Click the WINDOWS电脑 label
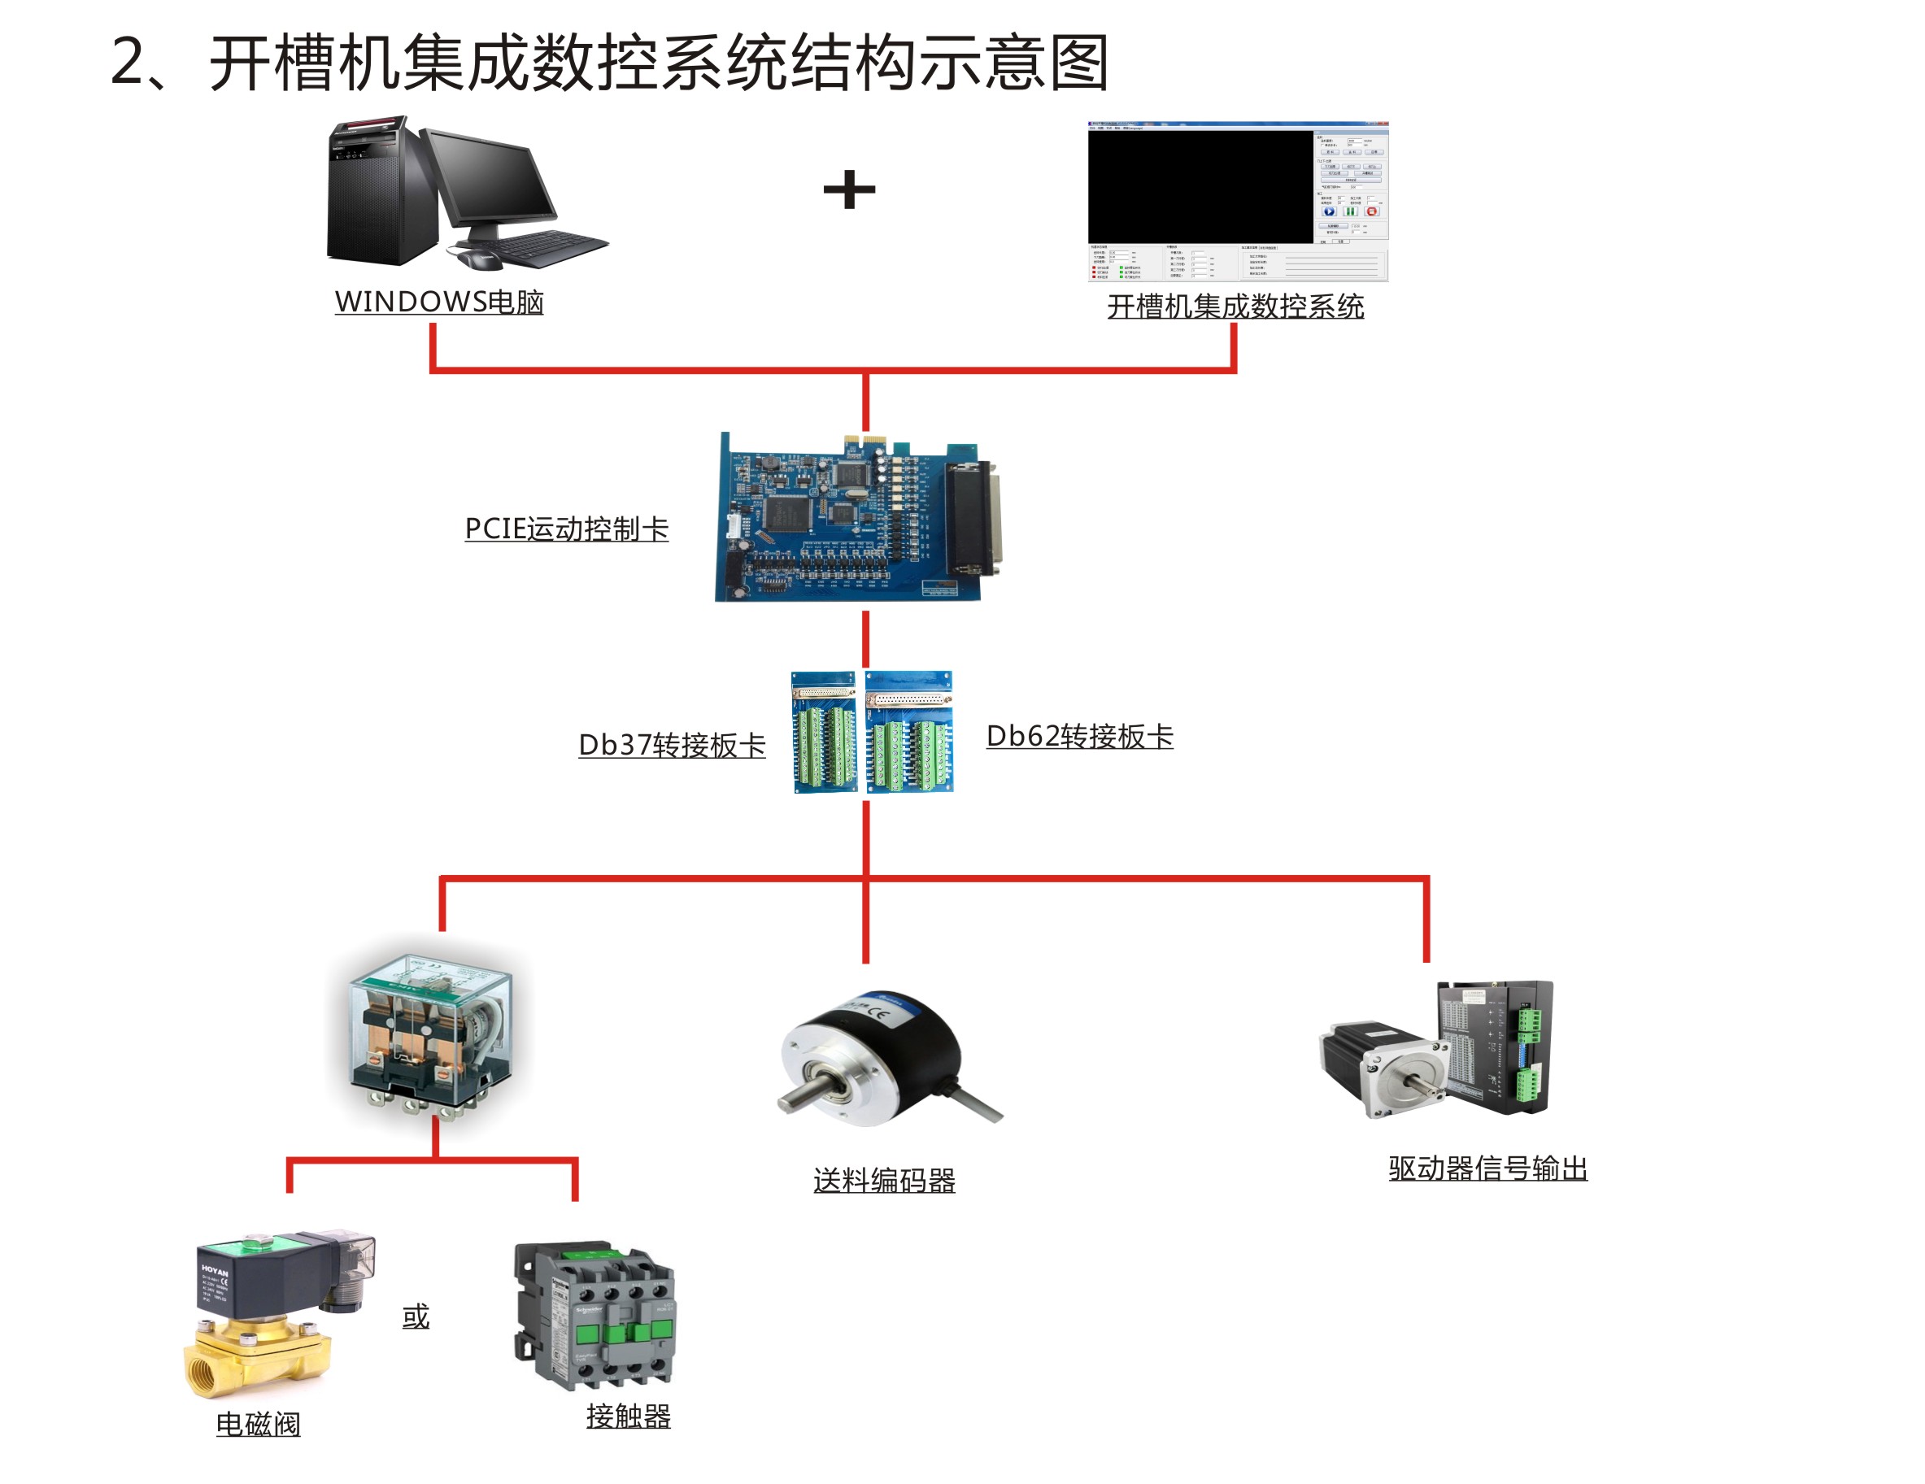click(439, 302)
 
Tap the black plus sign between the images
click(849, 189)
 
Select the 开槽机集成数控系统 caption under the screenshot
click(1235, 307)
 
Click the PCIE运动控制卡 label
click(566, 529)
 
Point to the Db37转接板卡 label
click(672, 746)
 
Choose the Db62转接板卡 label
click(1079, 737)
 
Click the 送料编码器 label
click(884, 1181)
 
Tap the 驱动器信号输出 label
click(1487, 1168)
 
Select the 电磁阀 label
click(259, 1424)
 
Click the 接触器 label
click(629, 1417)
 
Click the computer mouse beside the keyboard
click(477, 259)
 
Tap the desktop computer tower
click(379, 194)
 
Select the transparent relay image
click(431, 1031)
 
